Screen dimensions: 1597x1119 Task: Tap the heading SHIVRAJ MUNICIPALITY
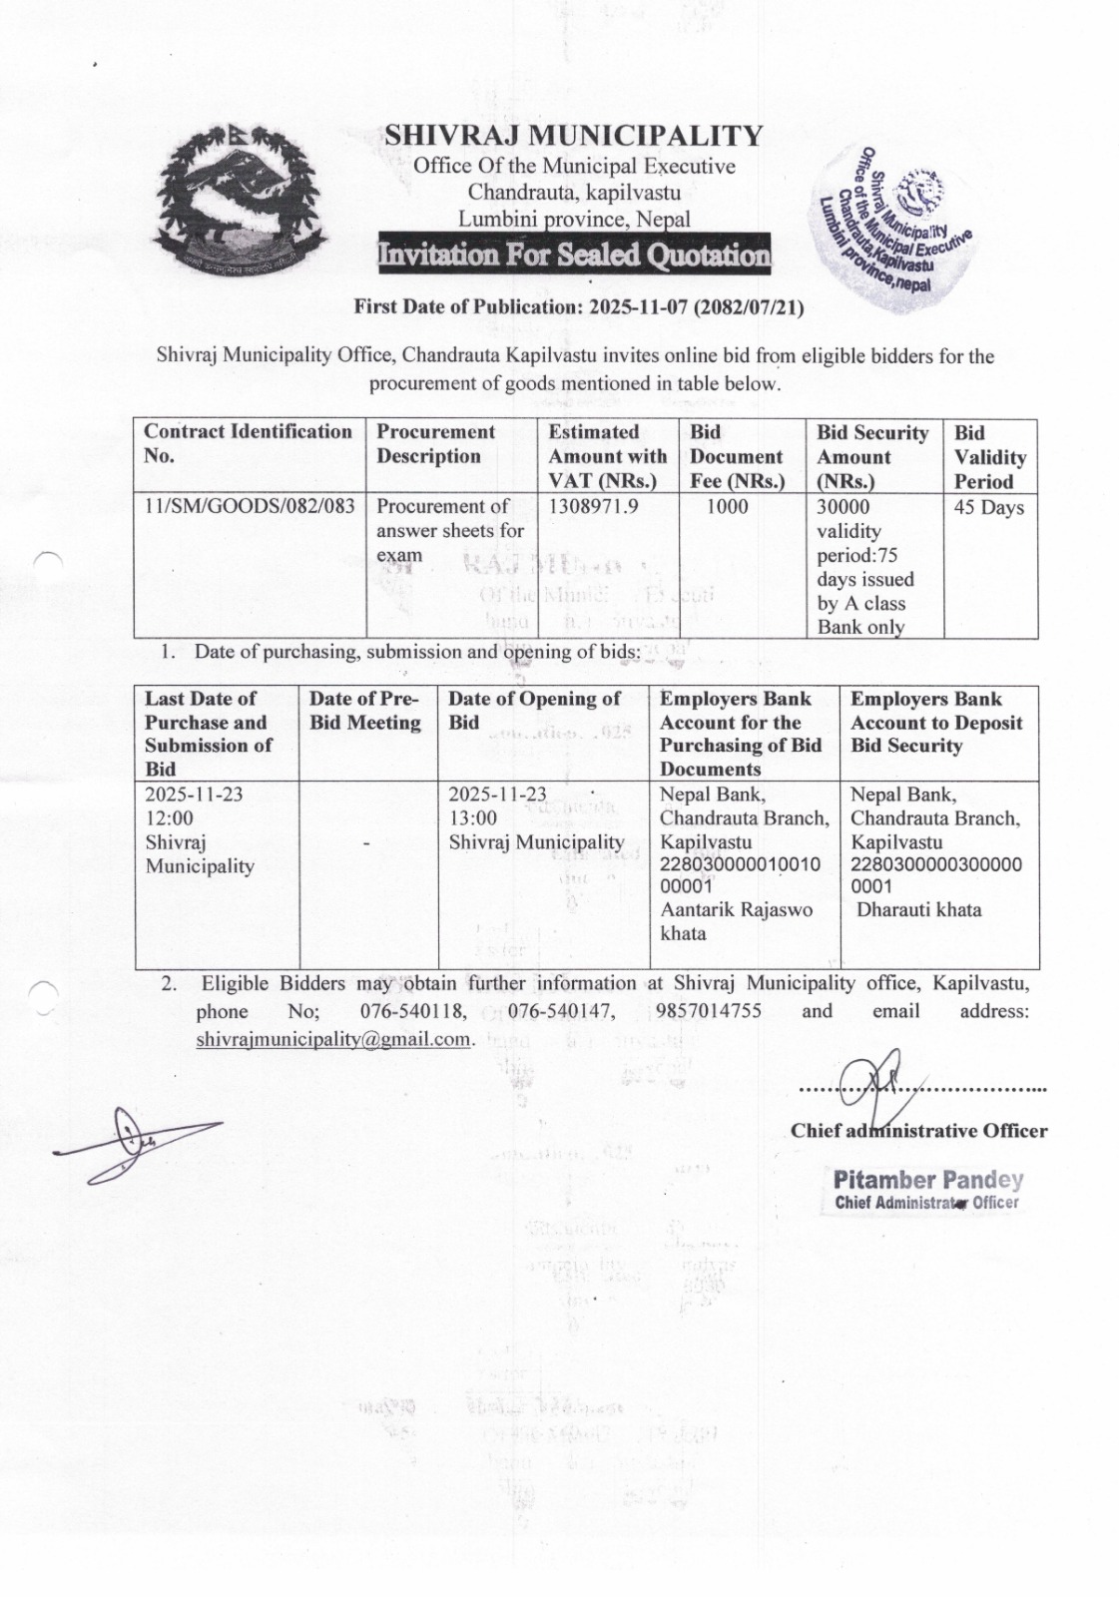[x=574, y=135]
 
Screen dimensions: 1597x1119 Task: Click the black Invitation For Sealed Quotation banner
[x=574, y=255]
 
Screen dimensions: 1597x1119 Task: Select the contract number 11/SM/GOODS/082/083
[x=250, y=507]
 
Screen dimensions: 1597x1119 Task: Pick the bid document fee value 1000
[x=728, y=507]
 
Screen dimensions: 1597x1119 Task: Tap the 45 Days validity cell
[x=989, y=508]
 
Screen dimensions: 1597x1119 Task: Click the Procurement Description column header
[x=435, y=444]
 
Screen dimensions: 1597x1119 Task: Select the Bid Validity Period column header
[x=989, y=457]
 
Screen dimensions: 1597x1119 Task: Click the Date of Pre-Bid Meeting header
[x=365, y=711]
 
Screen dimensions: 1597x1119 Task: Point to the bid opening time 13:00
[x=473, y=818]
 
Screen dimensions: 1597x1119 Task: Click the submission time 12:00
[x=170, y=818]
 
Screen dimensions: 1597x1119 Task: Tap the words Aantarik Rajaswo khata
[x=735, y=921]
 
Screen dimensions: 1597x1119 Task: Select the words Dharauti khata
[x=919, y=910]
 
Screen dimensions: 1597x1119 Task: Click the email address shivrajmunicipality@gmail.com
[x=333, y=1039]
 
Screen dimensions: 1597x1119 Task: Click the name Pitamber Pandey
[x=928, y=1180]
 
